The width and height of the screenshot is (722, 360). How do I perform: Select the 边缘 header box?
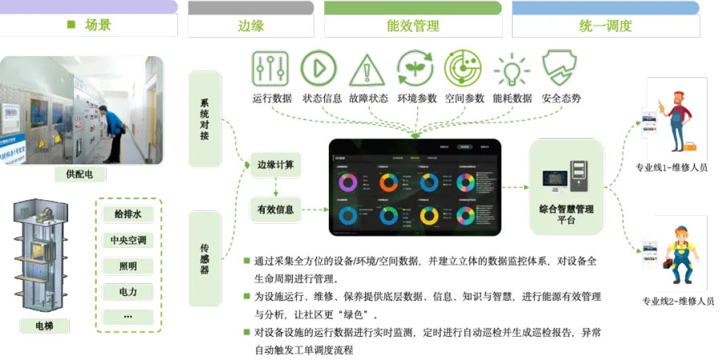(x=250, y=25)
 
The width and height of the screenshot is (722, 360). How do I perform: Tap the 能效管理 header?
(x=412, y=25)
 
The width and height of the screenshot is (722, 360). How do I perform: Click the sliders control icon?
(x=270, y=68)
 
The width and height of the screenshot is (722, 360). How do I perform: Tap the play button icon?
(x=318, y=68)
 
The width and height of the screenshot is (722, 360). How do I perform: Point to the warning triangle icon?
(x=366, y=70)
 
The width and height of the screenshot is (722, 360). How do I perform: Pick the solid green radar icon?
(x=462, y=68)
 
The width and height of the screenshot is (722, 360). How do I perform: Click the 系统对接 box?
(x=205, y=119)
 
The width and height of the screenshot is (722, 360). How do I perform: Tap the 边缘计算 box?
(x=275, y=165)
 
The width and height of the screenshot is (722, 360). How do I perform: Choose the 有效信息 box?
(x=275, y=210)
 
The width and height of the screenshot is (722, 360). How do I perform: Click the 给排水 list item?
(x=128, y=214)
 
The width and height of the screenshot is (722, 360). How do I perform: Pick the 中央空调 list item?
(x=128, y=240)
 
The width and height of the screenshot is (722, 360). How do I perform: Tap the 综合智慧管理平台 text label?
(x=566, y=212)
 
